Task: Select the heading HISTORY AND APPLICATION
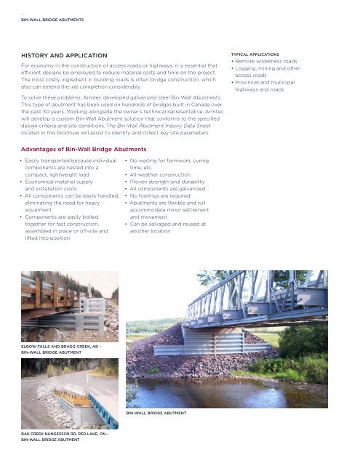pyautogui.click(x=64, y=55)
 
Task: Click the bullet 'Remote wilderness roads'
pyautogui.click(x=271, y=62)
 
